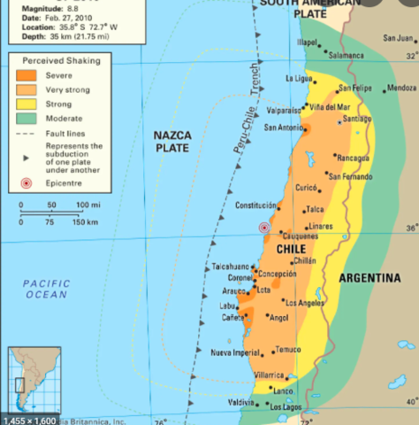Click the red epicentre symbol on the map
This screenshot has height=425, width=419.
point(263,228)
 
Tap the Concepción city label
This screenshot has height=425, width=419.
point(277,274)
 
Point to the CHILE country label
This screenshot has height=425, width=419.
point(291,250)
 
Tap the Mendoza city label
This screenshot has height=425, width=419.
point(401,88)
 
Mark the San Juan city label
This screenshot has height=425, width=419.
point(397,38)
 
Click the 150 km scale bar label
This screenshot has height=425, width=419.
point(85,221)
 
